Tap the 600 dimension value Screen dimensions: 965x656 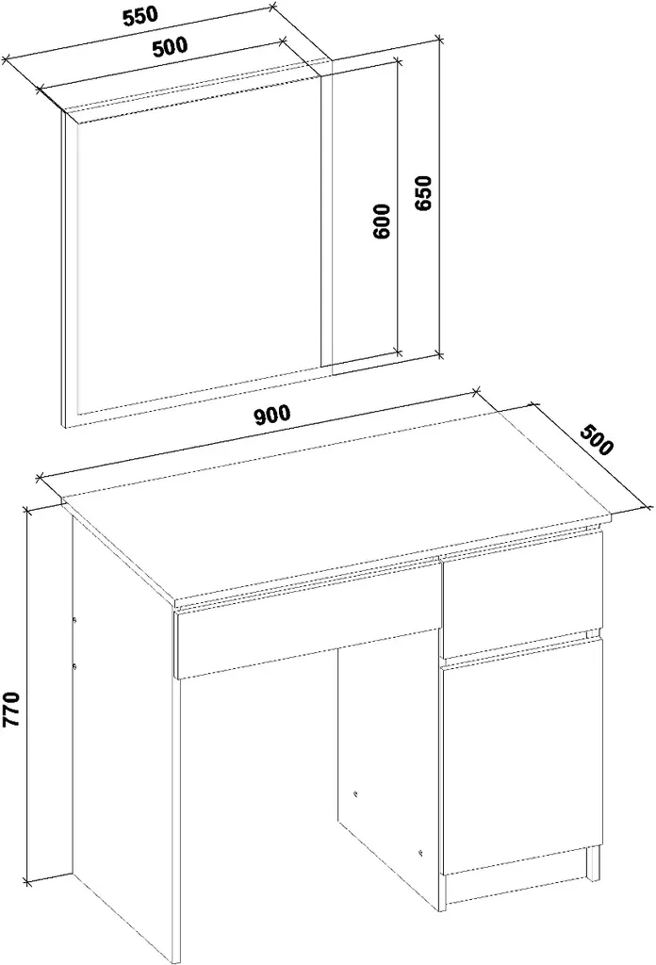381,221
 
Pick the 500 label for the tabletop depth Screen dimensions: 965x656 597,439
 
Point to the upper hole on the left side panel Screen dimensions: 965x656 74,620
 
